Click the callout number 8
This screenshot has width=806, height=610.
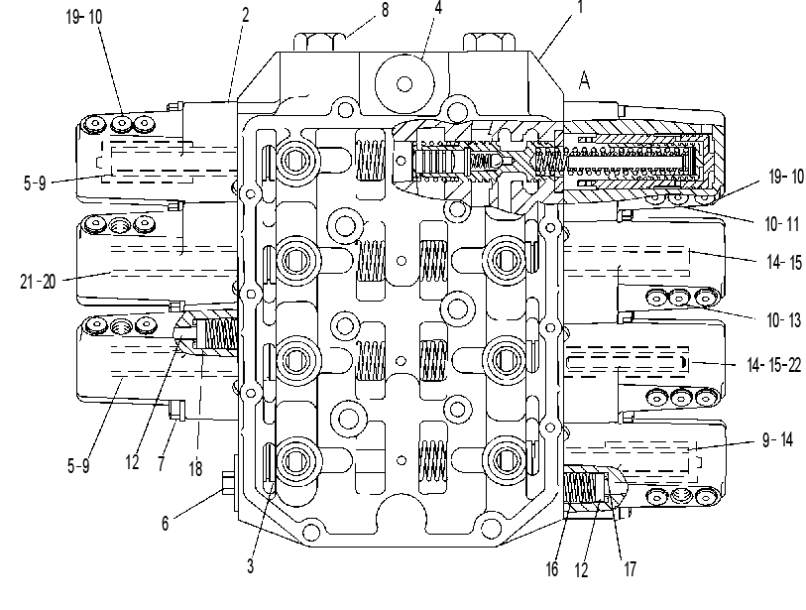click(385, 10)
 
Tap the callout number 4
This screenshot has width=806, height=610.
click(438, 8)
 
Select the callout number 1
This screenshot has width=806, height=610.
click(580, 7)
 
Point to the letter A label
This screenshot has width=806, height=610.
click(584, 80)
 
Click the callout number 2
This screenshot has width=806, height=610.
click(245, 15)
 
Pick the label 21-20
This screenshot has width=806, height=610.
click(38, 282)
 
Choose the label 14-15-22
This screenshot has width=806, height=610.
click(773, 365)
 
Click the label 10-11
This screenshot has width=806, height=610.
click(782, 224)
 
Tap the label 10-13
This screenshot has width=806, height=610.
click(783, 320)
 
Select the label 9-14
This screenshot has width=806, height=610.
click(777, 439)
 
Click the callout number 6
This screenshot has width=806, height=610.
click(165, 523)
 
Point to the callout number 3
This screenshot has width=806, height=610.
click(251, 565)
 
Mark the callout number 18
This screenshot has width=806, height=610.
click(195, 468)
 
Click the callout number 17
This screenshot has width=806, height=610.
click(631, 569)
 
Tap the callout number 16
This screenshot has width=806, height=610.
click(551, 569)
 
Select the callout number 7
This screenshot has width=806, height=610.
click(162, 463)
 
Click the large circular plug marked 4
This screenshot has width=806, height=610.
click(404, 83)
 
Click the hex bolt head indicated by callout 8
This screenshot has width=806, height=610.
click(320, 42)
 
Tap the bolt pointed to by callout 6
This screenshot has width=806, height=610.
click(229, 484)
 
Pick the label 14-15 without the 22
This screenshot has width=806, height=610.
click(784, 262)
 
